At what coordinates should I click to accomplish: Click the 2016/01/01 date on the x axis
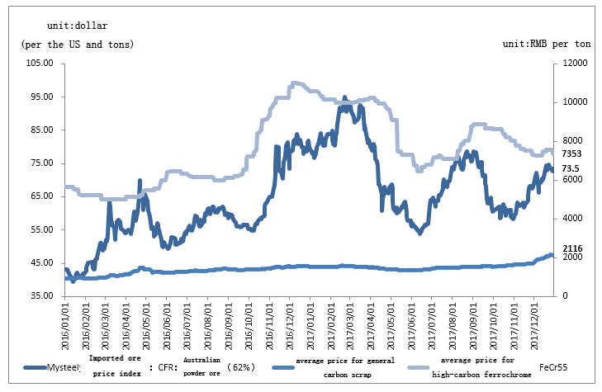point(66,326)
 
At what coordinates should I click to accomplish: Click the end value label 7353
point(573,153)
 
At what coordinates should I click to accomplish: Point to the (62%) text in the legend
point(243,366)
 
